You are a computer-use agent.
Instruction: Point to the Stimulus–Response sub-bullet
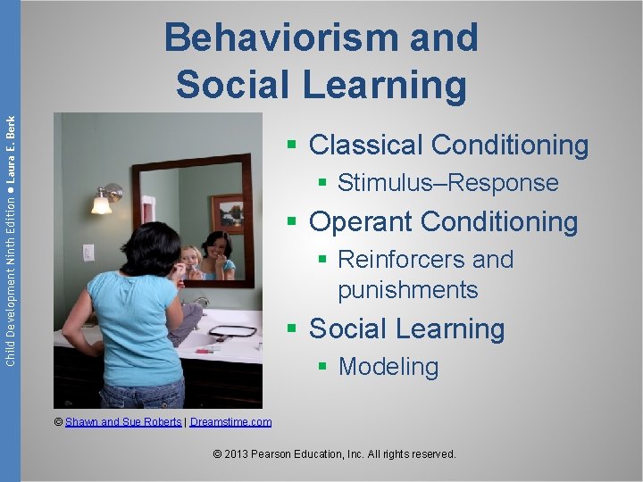[447, 183]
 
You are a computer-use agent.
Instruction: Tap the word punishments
[407, 290]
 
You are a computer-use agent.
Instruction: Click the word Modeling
[388, 367]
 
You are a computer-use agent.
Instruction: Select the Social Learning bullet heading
[406, 328]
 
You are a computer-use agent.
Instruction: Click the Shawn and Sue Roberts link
[123, 422]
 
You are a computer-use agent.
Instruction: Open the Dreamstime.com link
[230, 422]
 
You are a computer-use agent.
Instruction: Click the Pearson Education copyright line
[335, 454]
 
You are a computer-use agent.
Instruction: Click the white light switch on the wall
[88, 253]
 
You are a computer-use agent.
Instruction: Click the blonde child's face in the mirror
[191, 258]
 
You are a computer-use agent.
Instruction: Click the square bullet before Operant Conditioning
[291, 222]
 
